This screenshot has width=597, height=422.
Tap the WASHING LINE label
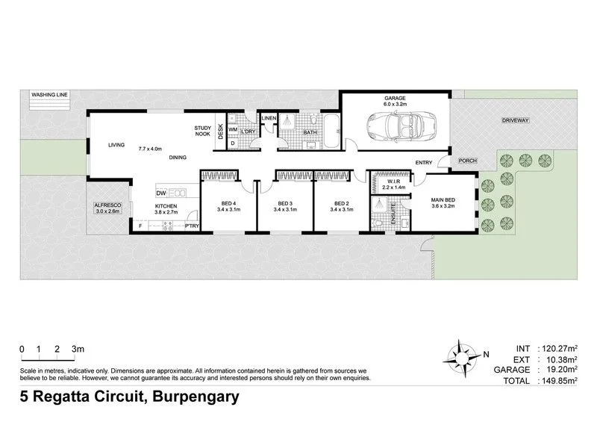click(x=49, y=96)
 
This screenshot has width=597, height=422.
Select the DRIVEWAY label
click(x=515, y=120)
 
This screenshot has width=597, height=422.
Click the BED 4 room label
click(x=228, y=204)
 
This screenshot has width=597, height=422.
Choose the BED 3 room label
click(x=284, y=204)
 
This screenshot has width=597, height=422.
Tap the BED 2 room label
click(x=341, y=204)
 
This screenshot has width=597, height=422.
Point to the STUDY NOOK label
click(x=204, y=131)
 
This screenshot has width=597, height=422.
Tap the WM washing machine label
click(x=233, y=130)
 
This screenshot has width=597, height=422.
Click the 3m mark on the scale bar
click(x=77, y=349)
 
